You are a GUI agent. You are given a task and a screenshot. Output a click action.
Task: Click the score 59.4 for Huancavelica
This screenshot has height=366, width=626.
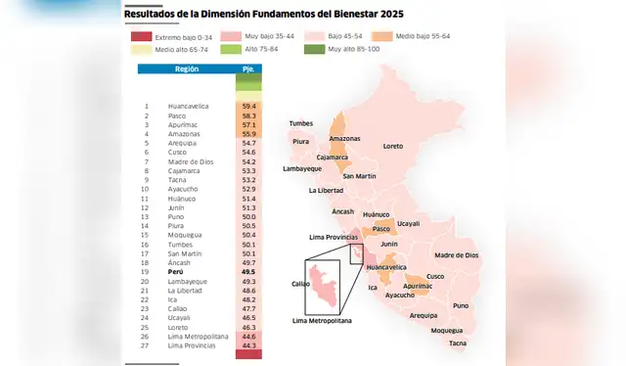pyautogui.click(x=248, y=106)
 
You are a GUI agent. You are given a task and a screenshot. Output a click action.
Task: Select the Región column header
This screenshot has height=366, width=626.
pyautogui.click(x=187, y=69)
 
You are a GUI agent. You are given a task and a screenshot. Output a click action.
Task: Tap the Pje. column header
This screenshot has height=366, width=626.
pyautogui.click(x=248, y=69)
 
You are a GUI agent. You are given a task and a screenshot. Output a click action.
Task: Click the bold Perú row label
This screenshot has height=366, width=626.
pyautogui.click(x=177, y=272)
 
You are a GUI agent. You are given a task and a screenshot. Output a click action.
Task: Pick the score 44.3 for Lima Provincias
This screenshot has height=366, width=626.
pyautogui.click(x=248, y=345)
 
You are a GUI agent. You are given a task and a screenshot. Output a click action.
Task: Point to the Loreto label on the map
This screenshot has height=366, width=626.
pyautogui.click(x=392, y=146)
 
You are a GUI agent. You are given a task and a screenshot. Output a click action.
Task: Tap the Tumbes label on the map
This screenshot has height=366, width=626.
pyautogui.click(x=300, y=124)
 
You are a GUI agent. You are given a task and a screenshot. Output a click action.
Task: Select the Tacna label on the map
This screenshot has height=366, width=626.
pyautogui.click(x=458, y=343)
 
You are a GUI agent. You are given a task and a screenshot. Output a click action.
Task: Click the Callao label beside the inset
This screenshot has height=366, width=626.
pyautogui.click(x=301, y=284)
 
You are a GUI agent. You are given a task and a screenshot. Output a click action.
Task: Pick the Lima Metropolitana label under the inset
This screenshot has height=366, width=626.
pyautogui.click(x=322, y=320)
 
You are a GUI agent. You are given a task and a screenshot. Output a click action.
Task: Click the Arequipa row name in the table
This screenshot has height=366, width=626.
pyautogui.click(x=182, y=143)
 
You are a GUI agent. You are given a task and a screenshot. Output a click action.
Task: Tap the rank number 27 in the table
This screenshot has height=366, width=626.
pyautogui.click(x=146, y=345)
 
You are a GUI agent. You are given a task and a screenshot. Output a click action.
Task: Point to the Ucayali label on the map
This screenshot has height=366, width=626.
pyautogui.click(x=409, y=223)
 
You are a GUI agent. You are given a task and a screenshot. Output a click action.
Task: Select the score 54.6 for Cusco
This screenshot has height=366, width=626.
pyautogui.click(x=248, y=152)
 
